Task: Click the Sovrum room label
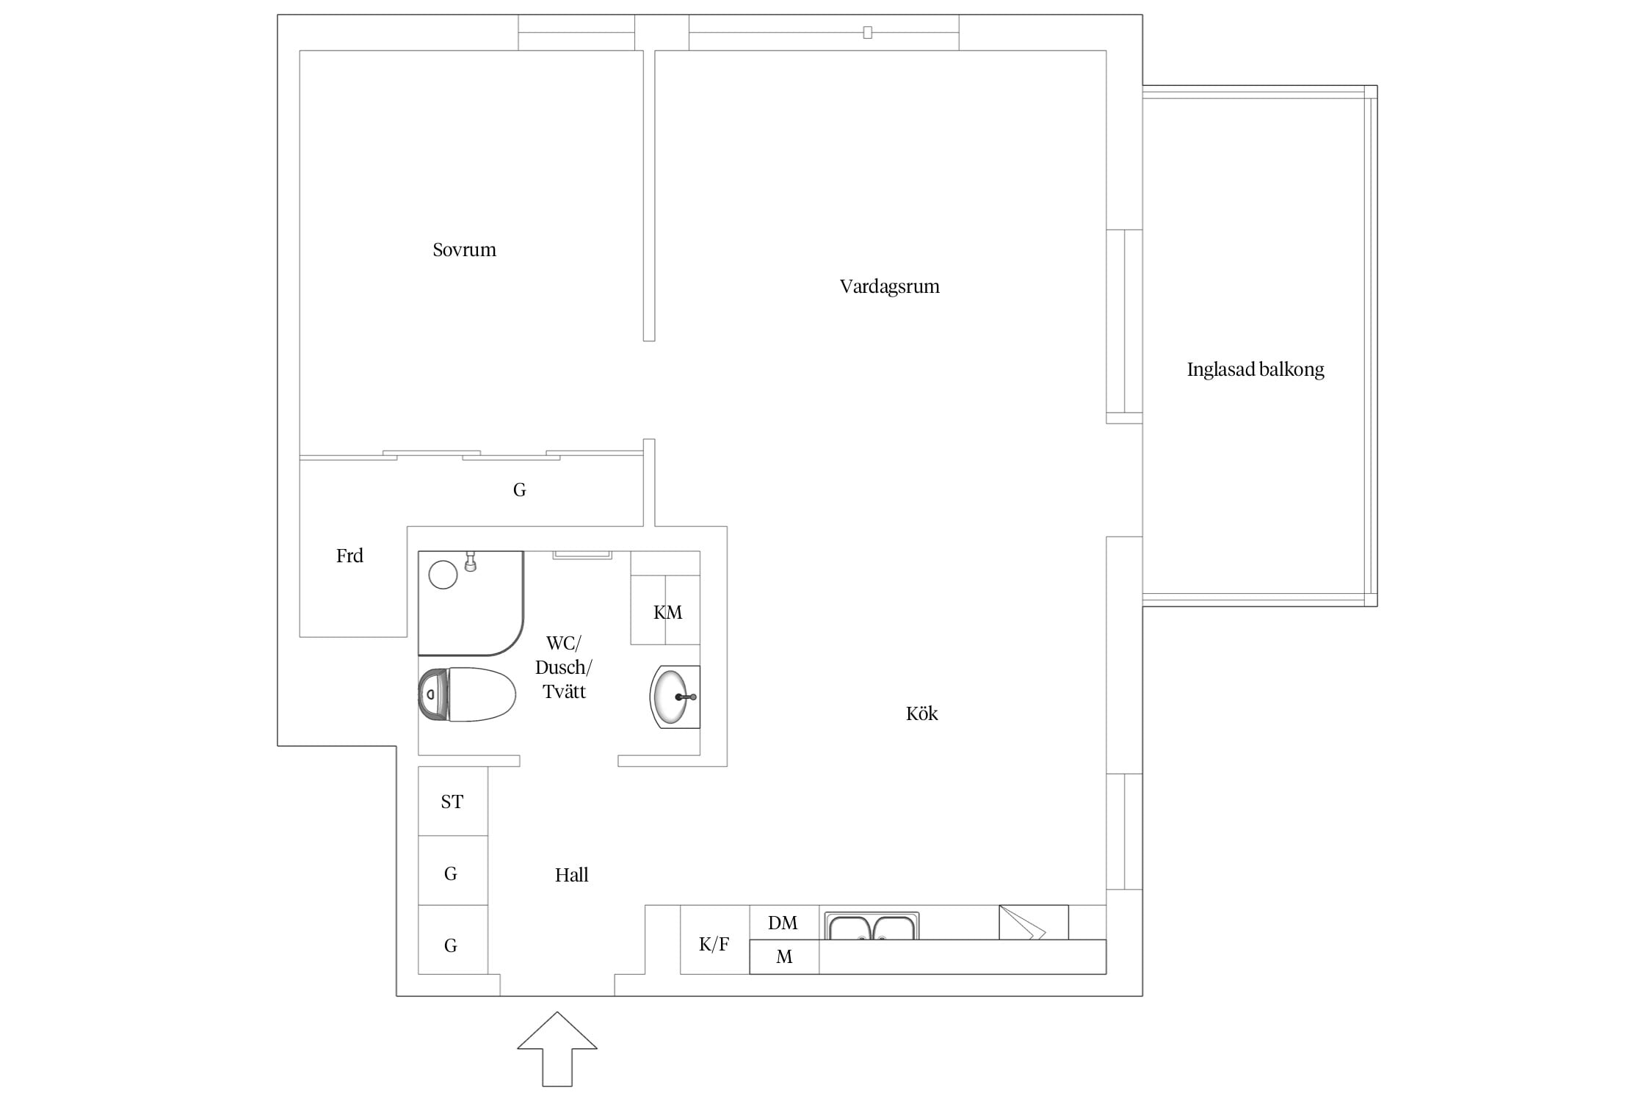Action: point(464,250)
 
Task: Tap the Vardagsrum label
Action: point(889,286)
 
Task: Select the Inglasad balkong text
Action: point(1256,369)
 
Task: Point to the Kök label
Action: point(921,713)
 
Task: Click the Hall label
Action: point(571,875)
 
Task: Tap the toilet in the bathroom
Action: point(467,694)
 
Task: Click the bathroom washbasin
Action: point(675,697)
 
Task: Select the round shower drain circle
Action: point(443,575)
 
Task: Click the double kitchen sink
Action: point(872,926)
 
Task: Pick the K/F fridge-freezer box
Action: point(714,940)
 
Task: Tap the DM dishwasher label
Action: point(783,923)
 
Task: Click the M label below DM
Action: point(784,957)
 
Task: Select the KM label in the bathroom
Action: point(667,612)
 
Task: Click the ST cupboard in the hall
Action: point(453,802)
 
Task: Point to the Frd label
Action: point(349,556)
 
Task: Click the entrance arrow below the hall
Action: point(557,1050)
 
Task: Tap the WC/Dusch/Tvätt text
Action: point(564,667)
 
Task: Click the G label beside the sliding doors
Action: point(519,490)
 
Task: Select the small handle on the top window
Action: point(867,32)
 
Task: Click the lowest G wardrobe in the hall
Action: point(453,940)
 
